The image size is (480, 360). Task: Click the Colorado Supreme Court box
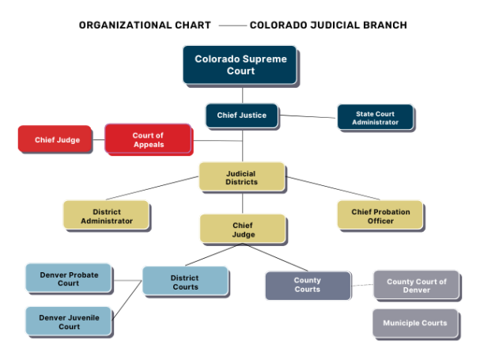click(x=240, y=65)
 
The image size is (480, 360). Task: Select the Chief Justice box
click(x=242, y=116)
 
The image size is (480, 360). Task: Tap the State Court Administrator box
click(x=376, y=117)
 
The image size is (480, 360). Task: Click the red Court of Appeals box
click(x=148, y=140)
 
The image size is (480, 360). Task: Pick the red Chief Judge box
click(x=57, y=140)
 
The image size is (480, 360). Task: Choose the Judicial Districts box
click(x=242, y=177)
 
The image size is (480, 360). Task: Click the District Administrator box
click(x=107, y=216)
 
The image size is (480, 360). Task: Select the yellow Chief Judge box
click(x=242, y=229)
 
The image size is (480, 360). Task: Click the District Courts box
click(x=185, y=282)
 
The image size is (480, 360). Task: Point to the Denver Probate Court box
click(x=69, y=279)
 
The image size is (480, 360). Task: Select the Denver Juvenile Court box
click(x=69, y=321)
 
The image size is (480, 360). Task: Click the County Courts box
click(x=307, y=285)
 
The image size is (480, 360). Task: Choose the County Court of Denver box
click(x=416, y=286)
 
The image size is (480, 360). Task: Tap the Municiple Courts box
click(x=415, y=323)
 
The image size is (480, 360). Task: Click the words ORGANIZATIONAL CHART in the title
click(x=145, y=25)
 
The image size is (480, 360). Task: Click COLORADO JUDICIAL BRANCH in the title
click(x=328, y=25)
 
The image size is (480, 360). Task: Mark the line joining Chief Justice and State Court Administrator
click(x=308, y=116)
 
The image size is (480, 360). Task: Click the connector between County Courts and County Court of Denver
click(x=361, y=286)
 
